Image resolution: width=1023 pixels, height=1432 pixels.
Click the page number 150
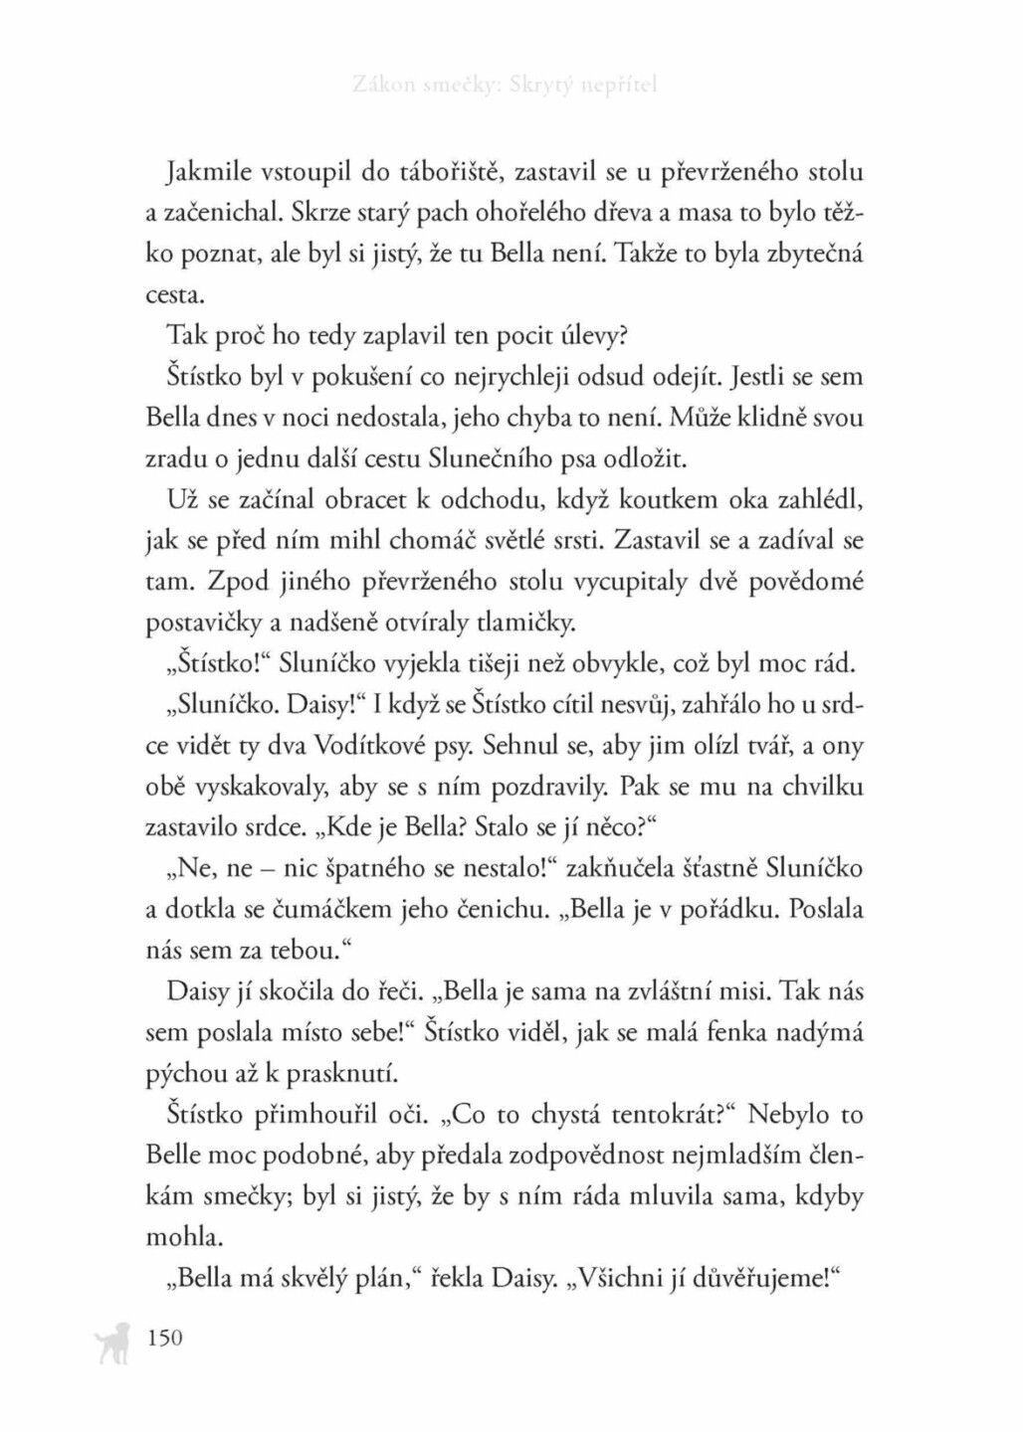click(x=164, y=1338)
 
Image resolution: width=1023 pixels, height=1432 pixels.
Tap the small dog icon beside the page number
click(x=109, y=1342)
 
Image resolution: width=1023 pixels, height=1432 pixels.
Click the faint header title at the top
click(x=506, y=86)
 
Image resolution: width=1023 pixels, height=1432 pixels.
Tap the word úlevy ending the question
click(x=593, y=337)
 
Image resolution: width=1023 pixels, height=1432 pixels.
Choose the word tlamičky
click(x=526, y=625)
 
